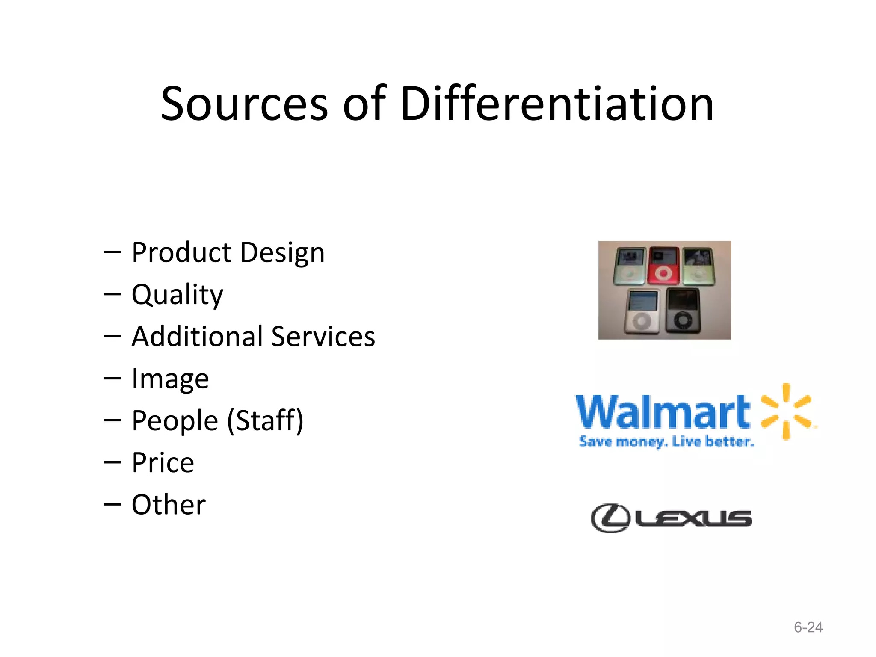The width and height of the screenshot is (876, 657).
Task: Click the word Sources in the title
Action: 244,104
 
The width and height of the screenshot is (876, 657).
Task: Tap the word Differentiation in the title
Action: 557,104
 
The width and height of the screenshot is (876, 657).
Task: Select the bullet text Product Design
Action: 228,252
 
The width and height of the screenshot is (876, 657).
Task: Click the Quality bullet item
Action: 177,295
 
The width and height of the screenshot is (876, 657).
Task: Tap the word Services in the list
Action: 323,337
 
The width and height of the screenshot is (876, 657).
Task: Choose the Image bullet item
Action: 170,379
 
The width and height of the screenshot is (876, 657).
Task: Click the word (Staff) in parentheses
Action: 265,421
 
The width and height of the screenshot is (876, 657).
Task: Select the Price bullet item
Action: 163,463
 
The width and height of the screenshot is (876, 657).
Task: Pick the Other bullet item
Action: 169,505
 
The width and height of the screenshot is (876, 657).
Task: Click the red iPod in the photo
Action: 663,266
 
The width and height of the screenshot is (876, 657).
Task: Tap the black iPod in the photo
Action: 683,311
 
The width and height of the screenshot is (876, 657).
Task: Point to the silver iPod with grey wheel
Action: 642,311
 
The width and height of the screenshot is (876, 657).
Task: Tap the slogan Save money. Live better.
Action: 666,441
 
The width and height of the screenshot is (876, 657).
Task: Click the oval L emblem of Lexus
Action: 610,518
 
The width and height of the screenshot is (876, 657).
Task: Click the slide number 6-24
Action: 808,627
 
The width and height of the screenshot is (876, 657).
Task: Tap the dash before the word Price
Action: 112,463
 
